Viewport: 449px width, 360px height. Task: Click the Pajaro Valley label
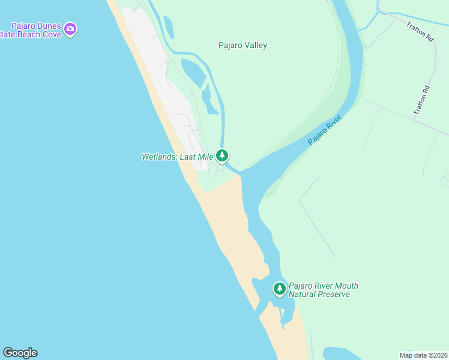coord(242,46)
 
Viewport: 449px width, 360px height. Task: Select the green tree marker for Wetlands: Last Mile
coord(222,156)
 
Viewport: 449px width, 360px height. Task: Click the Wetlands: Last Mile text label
coord(177,157)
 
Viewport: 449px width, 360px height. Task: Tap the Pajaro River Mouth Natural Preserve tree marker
coord(279,289)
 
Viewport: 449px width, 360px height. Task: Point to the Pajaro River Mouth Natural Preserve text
coord(323,290)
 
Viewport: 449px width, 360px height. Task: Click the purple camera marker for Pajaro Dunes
coord(71,28)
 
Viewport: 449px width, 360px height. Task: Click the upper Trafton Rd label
coord(420,31)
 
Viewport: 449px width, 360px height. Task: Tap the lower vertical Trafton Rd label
coord(423,101)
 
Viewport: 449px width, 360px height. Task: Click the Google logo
coord(20,353)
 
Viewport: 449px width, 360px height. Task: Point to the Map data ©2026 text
coord(423,355)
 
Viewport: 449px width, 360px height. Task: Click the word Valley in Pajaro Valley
coord(255,46)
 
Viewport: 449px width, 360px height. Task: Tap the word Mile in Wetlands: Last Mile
coord(205,157)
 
